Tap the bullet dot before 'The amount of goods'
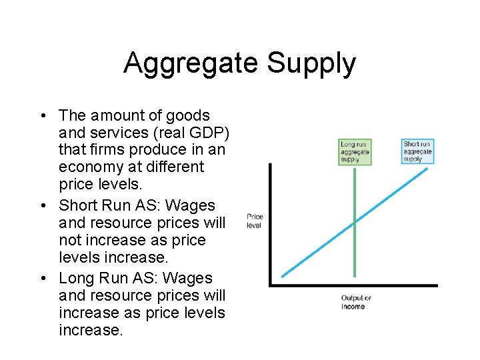click(42, 116)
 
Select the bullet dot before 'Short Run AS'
click(42, 205)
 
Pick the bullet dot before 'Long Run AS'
click(42, 278)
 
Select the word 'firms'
click(107, 150)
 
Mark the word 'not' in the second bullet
click(71, 240)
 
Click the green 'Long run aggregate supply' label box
click(354, 152)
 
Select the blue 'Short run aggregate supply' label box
click(417, 151)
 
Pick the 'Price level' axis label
click(255, 221)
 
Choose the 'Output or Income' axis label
click(355, 302)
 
